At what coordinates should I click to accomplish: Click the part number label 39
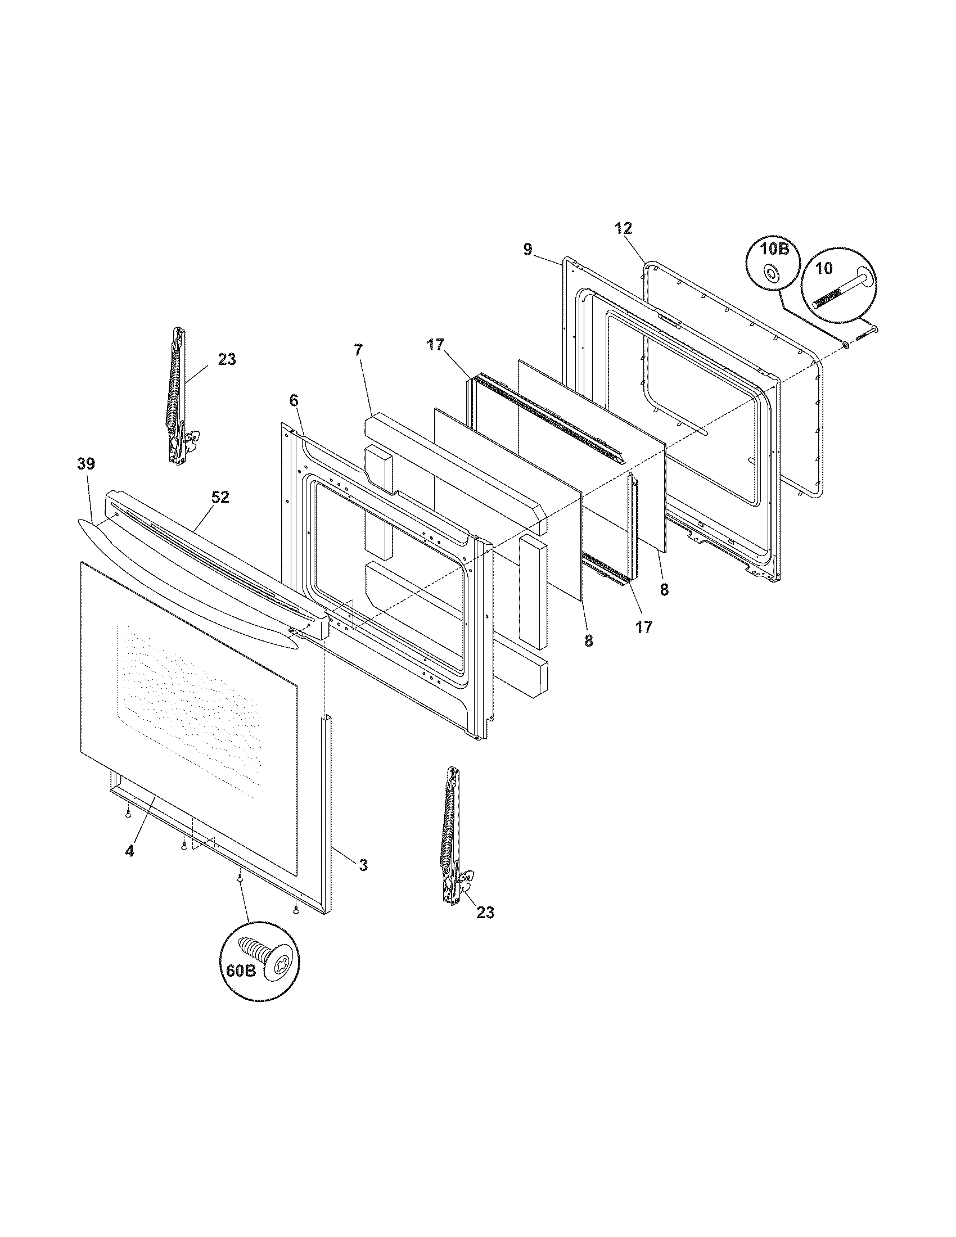[x=86, y=464]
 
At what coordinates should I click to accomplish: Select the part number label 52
[x=220, y=496]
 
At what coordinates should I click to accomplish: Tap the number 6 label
[x=293, y=400]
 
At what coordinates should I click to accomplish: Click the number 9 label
[x=527, y=250]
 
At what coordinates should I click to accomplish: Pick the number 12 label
[x=623, y=228]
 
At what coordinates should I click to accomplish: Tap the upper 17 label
[x=436, y=345]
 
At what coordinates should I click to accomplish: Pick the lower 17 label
[x=644, y=626]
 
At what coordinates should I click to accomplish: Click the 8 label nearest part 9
[x=664, y=590]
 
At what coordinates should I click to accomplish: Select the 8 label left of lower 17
[x=588, y=640]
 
